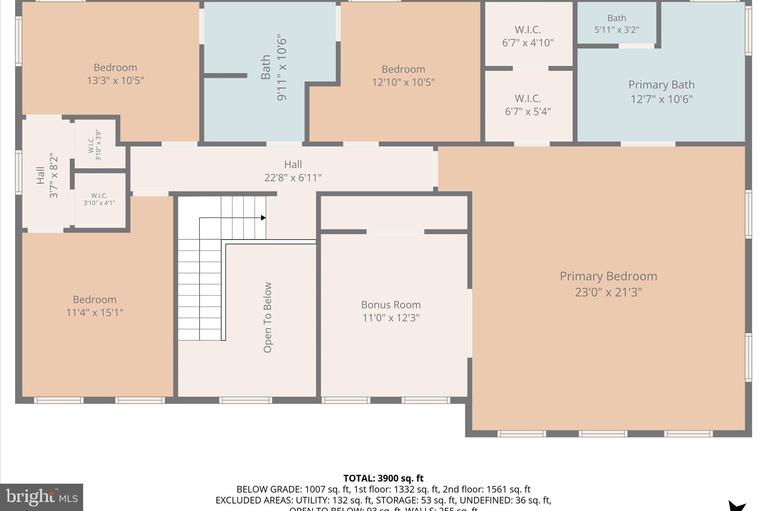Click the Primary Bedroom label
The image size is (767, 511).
click(x=608, y=276)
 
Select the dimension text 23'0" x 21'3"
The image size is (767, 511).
click(x=608, y=292)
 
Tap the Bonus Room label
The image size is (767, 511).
click(x=391, y=305)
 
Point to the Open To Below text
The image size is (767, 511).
click(x=267, y=317)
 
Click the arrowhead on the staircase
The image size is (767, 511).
click(x=264, y=218)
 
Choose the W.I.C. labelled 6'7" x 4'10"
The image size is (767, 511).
click(x=528, y=36)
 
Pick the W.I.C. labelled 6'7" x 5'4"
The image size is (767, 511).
click(x=528, y=105)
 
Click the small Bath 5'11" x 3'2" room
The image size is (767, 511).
click(x=616, y=24)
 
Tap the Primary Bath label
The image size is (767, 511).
click(x=661, y=85)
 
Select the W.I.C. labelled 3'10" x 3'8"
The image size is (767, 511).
click(x=95, y=145)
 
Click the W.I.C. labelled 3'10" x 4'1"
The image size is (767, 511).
click(x=99, y=199)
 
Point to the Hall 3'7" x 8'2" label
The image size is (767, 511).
click(x=47, y=175)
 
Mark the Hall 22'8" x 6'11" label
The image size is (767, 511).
click(x=293, y=171)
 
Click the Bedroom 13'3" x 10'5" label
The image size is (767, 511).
click(x=115, y=74)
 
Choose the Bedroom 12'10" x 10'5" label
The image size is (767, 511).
click(x=403, y=75)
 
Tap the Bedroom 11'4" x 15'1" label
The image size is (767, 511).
click(x=94, y=306)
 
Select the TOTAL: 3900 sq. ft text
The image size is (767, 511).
click(x=383, y=478)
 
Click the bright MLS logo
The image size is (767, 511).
click(x=42, y=497)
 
